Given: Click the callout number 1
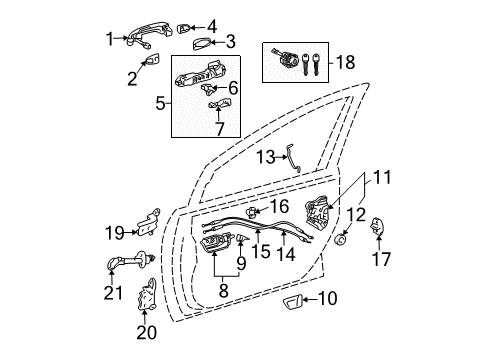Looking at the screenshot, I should point(111,39).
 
